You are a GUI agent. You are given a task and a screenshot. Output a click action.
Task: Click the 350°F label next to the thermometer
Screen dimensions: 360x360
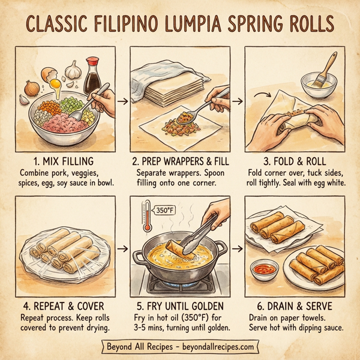click(166, 211)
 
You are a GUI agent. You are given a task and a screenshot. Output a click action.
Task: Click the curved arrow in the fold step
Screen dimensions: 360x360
click(262, 94)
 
